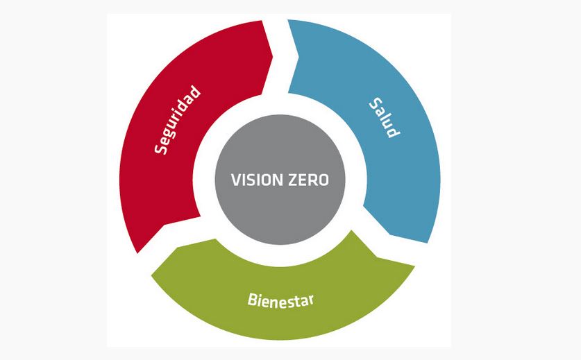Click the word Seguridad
(178, 120)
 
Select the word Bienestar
(280, 301)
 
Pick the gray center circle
(280, 180)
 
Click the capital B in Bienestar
(253, 299)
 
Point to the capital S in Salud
(376, 103)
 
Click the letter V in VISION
(236, 180)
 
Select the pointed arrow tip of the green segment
(151, 275)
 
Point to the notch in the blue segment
(298, 58)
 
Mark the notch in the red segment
(164, 225)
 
